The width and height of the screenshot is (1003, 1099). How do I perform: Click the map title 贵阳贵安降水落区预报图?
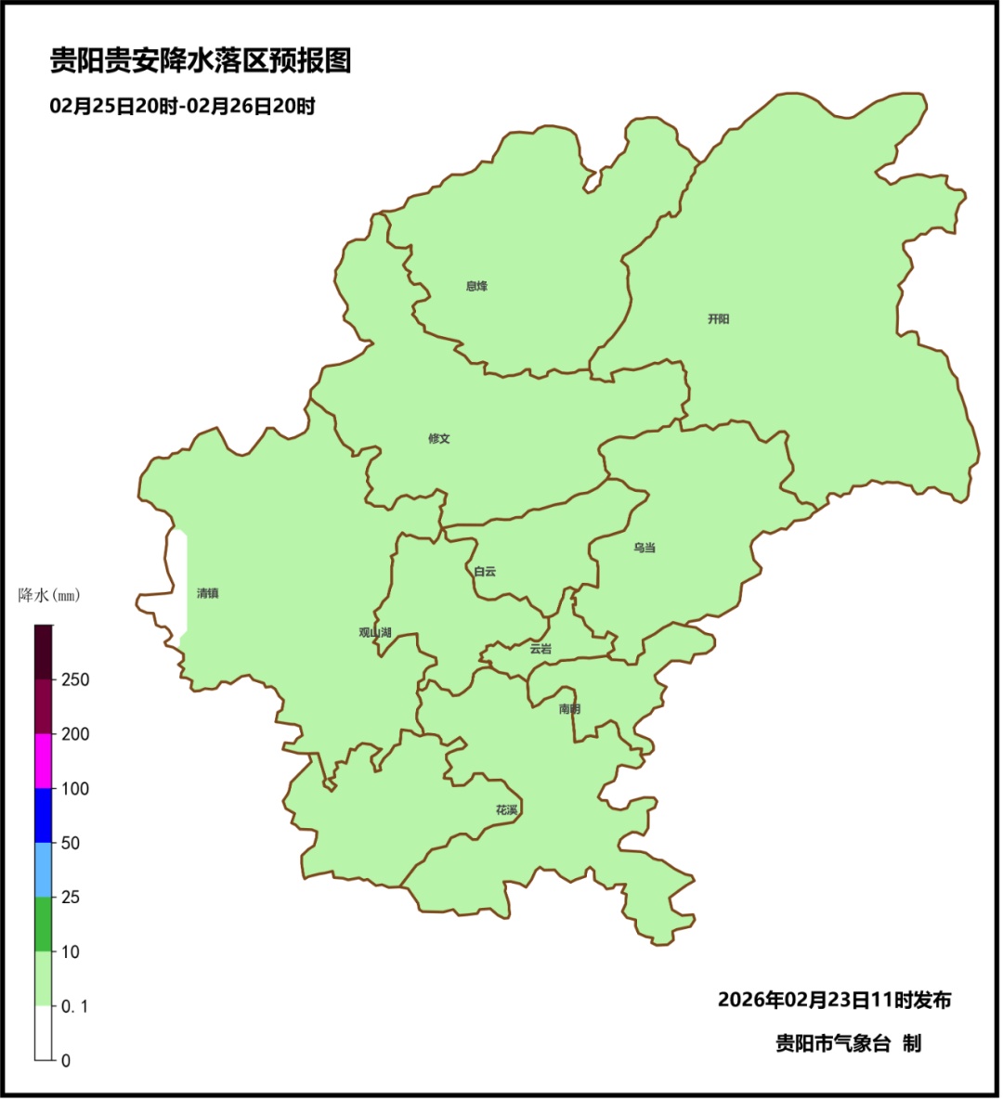(201, 61)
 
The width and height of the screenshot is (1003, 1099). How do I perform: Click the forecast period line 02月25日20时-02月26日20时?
(182, 107)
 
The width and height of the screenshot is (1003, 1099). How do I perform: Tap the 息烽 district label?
(476, 286)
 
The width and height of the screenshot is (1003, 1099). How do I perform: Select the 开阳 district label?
(719, 319)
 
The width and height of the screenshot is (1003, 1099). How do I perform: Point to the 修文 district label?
(439, 439)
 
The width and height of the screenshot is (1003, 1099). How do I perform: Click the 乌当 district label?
(645, 548)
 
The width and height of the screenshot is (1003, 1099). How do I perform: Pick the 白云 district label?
(485, 572)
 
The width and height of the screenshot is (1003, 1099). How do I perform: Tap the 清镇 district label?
(207, 593)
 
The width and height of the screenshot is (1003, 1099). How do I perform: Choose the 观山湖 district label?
(375, 633)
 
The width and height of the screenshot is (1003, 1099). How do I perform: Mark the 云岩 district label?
(541, 649)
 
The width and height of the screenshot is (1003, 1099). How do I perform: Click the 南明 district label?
(569, 709)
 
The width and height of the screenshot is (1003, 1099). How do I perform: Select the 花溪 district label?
(506, 810)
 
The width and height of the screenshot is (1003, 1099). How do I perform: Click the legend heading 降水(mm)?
(49, 595)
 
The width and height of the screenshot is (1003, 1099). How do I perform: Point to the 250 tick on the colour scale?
(75, 679)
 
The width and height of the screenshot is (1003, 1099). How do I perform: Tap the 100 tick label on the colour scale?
(75, 789)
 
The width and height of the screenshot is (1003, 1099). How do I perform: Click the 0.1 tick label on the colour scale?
(75, 1006)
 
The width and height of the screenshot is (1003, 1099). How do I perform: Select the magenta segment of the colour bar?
(44, 761)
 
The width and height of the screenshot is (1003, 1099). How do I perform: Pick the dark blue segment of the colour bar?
(44, 815)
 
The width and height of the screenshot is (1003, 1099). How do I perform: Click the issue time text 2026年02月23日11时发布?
(834, 1000)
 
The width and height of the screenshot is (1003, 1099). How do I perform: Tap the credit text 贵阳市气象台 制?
(848, 1043)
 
